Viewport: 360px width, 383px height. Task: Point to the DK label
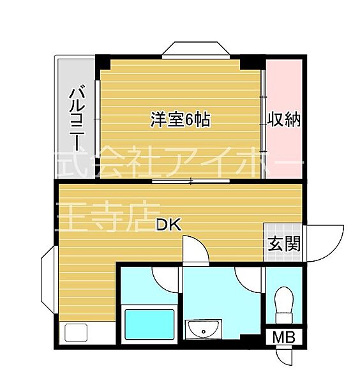tap(169, 225)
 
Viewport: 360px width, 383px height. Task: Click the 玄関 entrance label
tap(280, 243)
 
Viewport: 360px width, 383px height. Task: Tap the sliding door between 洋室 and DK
tap(191, 181)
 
